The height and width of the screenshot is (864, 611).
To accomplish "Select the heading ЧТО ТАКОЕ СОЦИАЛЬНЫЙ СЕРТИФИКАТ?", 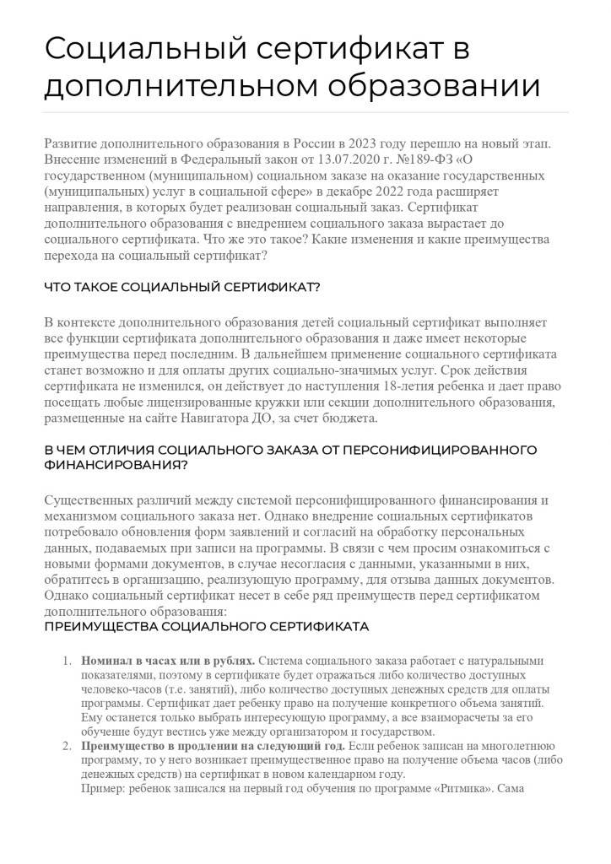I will [181, 287].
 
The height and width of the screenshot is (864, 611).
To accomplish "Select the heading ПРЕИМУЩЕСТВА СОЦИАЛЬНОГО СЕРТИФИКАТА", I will [206, 627].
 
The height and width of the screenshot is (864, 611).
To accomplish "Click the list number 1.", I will [68, 660].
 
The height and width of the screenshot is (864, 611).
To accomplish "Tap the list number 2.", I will [68, 747].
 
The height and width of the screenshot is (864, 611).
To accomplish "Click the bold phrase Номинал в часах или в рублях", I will [168, 661].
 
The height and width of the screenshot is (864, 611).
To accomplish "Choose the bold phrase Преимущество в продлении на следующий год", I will [214, 747].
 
